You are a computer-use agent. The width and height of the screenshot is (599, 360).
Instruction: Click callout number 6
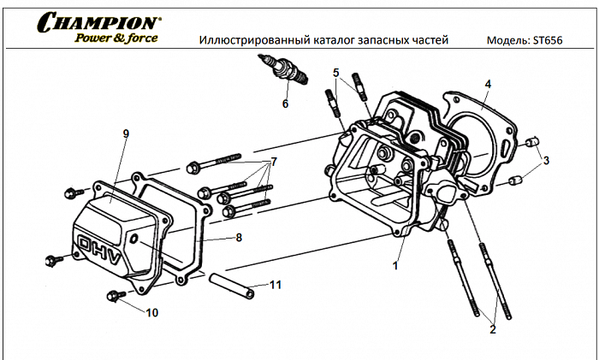[x=285, y=104]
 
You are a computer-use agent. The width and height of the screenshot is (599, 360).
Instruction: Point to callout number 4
[x=487, y=84]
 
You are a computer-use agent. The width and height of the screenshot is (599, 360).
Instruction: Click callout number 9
[x=126, y=134]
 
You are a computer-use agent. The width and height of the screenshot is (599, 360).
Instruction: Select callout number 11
[x=275, y=284]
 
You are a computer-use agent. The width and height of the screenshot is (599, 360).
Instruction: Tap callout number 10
[x=152, y=312]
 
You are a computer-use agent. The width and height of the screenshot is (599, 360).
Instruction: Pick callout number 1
[x=395, y=265]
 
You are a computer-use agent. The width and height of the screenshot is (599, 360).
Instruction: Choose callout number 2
[x=492, y=328]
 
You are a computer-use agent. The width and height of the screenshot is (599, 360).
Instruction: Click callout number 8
[x=239, y=237]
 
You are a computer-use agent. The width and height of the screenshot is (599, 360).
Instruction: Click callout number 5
[x=336, y=73]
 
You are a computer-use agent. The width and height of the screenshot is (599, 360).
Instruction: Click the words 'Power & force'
[x=116, y=38]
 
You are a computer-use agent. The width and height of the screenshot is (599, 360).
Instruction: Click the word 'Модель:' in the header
[x=507, y=41]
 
